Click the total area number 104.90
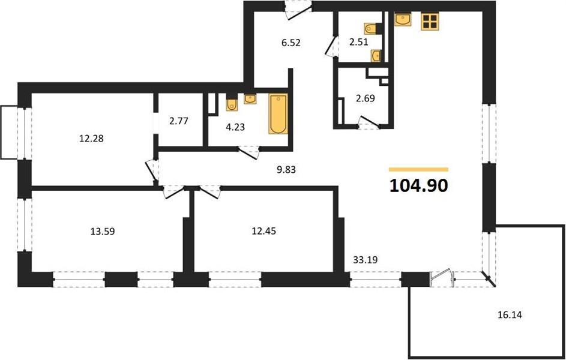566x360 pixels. pyautogui.click(x=419, y=186)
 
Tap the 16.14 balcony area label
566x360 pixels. pyautogui.click(x=510, y=315)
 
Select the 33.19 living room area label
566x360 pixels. pyautogui.click(x=365, y=259)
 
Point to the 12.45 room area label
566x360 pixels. pyautogui.click(x=263, y=231)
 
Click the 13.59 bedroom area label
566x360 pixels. pyautogui.click(x=103, y=231)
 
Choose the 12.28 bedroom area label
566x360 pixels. pyautogui.click(x=91, y=138)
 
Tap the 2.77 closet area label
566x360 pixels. pyautogui.click(x=178, y=121)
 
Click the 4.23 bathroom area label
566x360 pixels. pyautogui.click(x=235, y=127)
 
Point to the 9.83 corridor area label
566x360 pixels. pyautogui.click(x=286, y=170)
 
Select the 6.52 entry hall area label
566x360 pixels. pyautogui.click(x=291, y=43)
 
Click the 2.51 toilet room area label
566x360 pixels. pyautogui.click(x=358, y=42)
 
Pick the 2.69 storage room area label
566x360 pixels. pyautogui.click(x=366, y=98)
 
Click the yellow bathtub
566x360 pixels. pyautogui.click(x=278, y=113)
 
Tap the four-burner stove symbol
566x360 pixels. pyautogui.click(x=430, y=21)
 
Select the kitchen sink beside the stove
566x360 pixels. pyautogui.click(x=403, y=19)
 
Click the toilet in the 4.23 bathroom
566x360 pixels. pyautogui.click(x=231, y=104)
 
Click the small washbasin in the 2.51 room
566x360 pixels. pyautogui.click(x=376, y=56)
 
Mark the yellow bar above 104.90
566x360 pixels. pyautogui.click(x=419, y=169)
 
